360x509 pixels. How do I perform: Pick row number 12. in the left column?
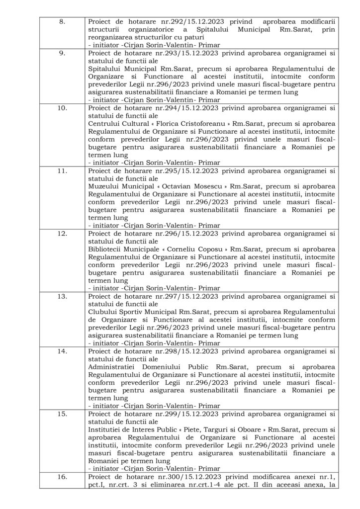[63, 235]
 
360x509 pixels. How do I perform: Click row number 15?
[63, 411]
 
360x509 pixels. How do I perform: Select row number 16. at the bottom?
[63, 476]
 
